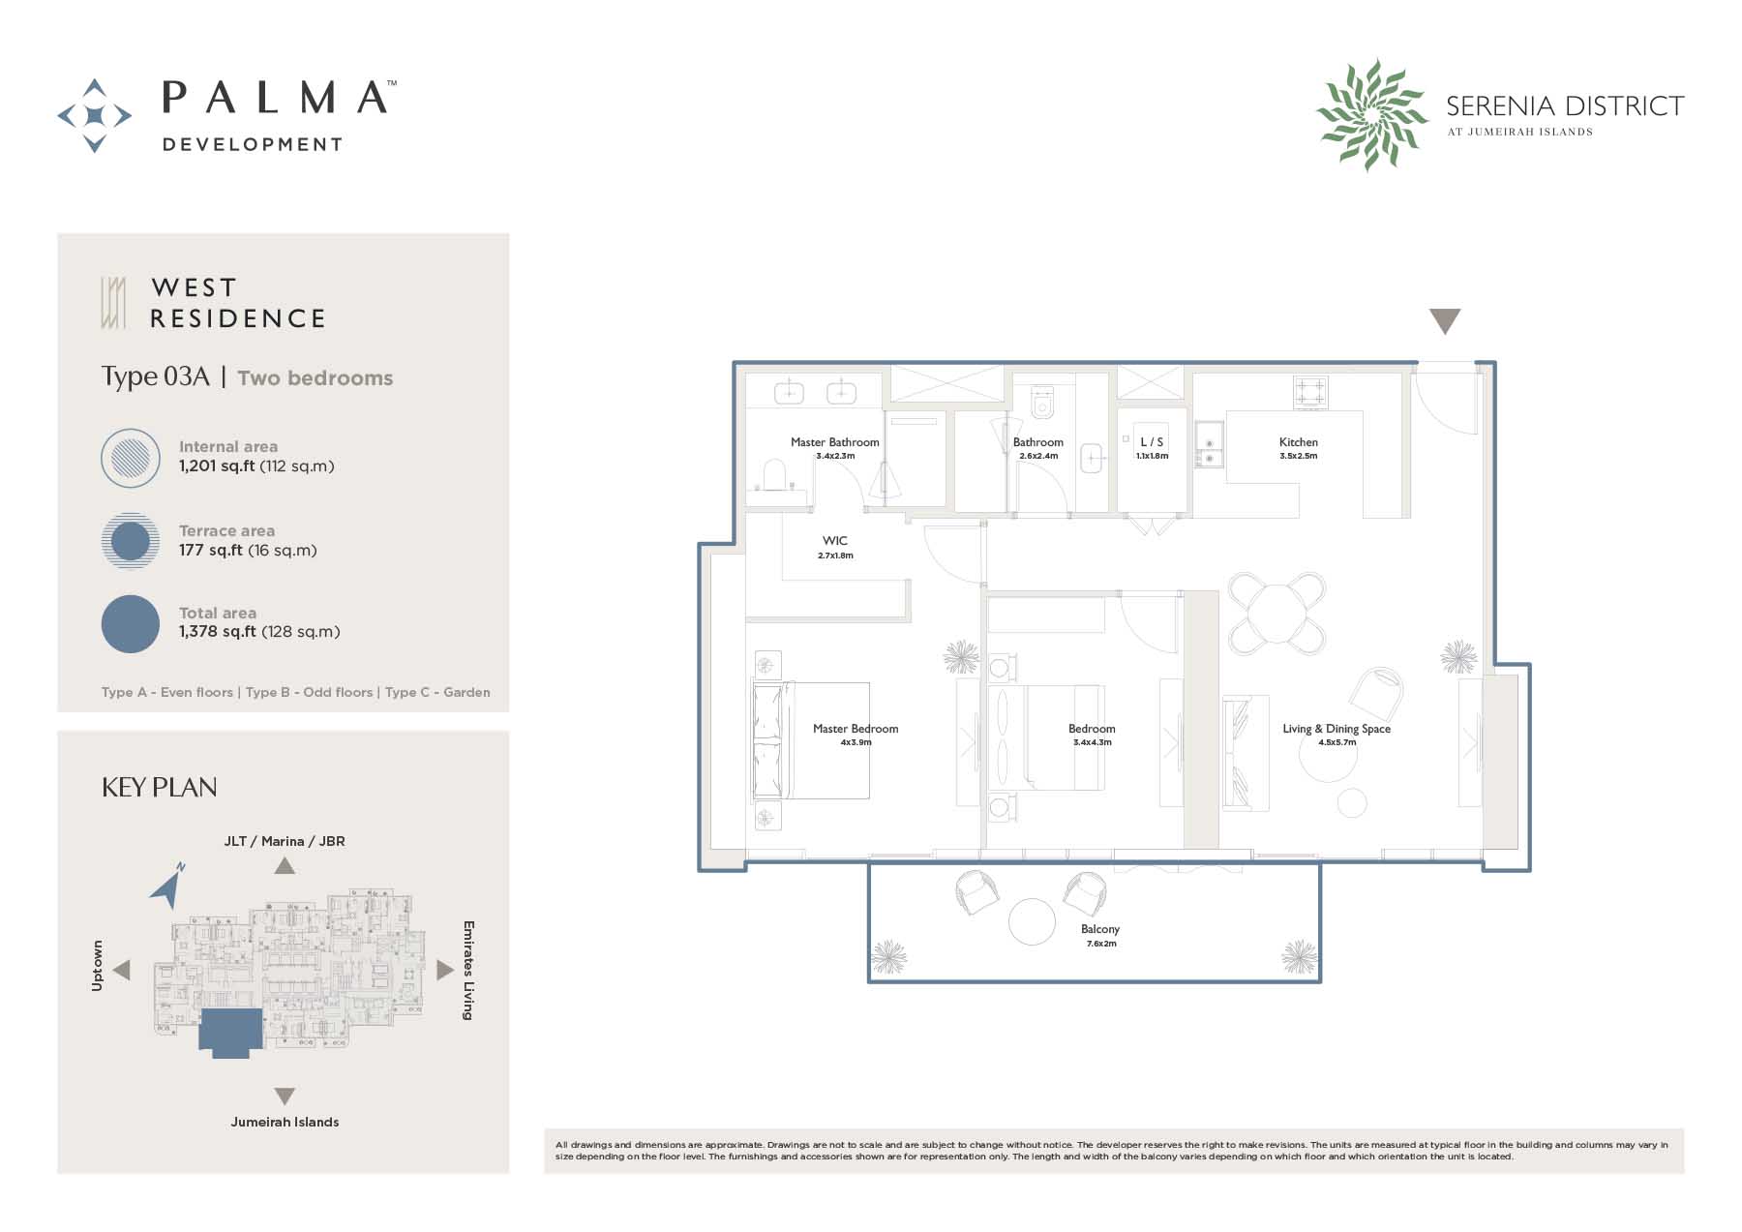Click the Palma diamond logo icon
coord(95,116)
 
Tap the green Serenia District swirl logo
coord(1371,114)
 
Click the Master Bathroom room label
coord(834,442)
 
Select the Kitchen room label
coord(1298,442)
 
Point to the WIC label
coord(834,541)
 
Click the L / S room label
coord(1152,442)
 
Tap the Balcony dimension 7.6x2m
coord(1100,944)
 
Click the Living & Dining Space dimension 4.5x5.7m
coord(1337,742)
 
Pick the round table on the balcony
coord(1032,921)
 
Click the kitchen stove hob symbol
coord(1310,392)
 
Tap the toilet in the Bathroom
coord(1041,403)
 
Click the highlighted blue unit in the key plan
coord(230,1032)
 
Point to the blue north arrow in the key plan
coord(167,885)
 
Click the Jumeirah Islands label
coord(285,1122)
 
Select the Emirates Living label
coord(468,970)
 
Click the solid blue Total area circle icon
coord(131,623)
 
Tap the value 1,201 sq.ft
coord(217,466)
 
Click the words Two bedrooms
coord(315,378)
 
